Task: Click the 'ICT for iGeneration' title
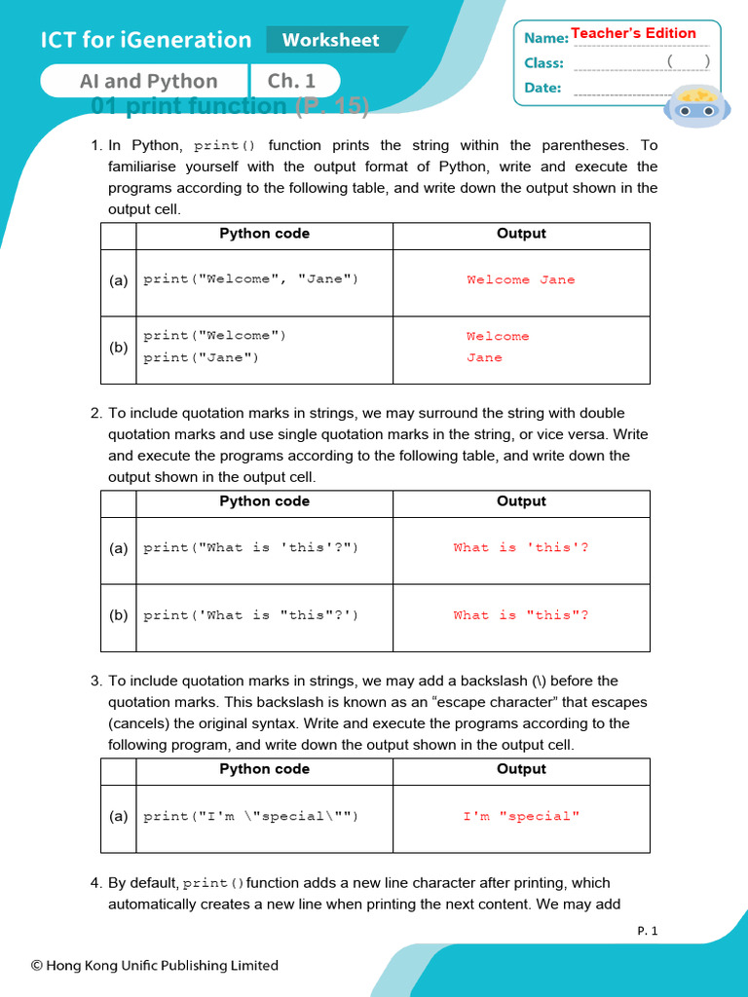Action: (x=146, y=40)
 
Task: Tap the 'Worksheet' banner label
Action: (x=330, y=40)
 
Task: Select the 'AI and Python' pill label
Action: (x=148, y=81)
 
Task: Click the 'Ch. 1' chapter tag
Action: (x=292, y=81)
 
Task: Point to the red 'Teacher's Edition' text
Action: (x=633, y=33)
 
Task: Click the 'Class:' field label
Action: (x=543, y=63)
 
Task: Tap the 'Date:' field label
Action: (x=542, y=88)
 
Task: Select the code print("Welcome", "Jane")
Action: (x=250, y=279)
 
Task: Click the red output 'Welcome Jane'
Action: (x=521, y=280)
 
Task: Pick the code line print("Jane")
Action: (x=201, y=357)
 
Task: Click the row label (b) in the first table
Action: (x=118, y=347)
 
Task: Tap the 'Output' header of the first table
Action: (x=521, y=234)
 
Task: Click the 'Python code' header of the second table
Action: (x=264, y=501)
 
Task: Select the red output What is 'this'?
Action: (x=521, y=547)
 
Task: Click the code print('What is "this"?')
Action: (x=250, y=615)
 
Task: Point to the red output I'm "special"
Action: (x=521, y=816)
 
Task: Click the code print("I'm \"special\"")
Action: (x=250, y=816)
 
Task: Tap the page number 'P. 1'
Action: (x=648, y=931)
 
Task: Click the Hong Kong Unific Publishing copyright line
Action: (x=155, y=966)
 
